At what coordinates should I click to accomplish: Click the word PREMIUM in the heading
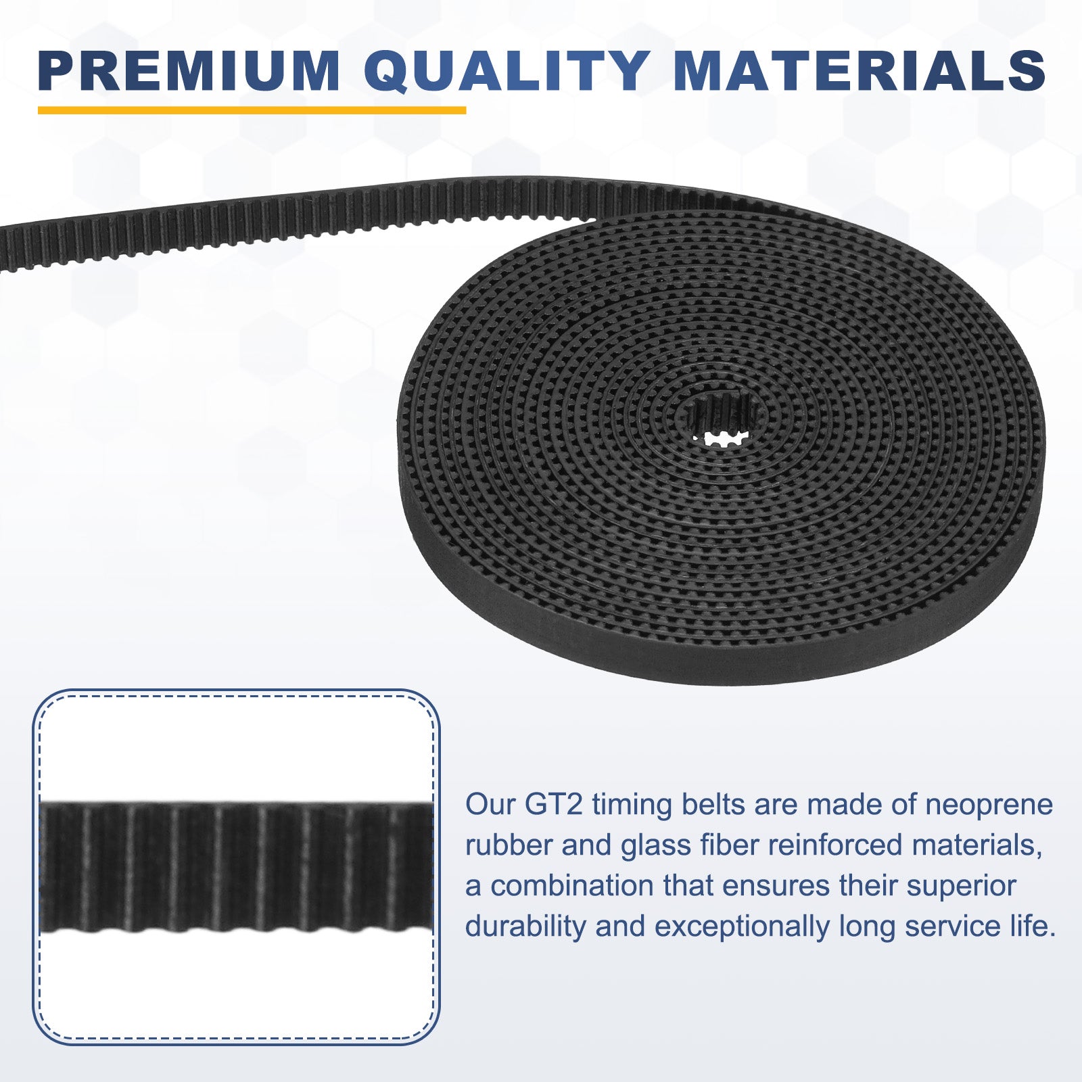(189, 70)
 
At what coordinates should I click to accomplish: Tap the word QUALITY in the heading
(507, 71)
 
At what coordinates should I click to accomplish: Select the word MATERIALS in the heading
(860, 70)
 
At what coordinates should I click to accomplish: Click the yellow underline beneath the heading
(252, 110)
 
